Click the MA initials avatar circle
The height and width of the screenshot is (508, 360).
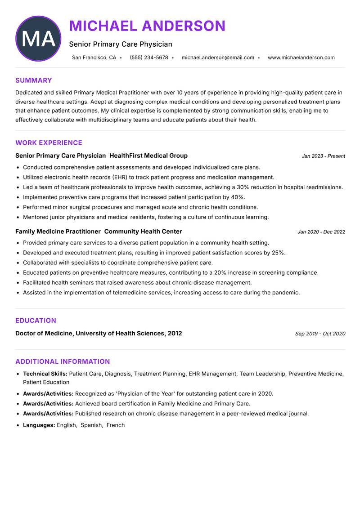coord(38,39)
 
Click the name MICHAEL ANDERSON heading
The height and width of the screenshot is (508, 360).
coord(147,26)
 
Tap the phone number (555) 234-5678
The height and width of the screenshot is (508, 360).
coord(149,58)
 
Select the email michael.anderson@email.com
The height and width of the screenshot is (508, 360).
coord(218,58)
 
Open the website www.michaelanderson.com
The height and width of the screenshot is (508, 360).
coord(301,58)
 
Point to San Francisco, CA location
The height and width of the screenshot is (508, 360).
coord(94,58)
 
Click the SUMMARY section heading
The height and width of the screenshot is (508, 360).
coord(34,80)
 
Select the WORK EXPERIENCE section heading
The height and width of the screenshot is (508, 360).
coord(49,143)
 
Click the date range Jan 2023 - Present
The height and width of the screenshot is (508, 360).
coord(323,156)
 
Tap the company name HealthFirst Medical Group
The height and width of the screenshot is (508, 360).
coord(148,156)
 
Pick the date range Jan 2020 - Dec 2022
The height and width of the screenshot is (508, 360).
coord(321,232)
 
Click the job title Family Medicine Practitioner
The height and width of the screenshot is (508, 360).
coord(58,232)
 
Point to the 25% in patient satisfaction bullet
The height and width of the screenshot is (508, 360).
coord(278,253)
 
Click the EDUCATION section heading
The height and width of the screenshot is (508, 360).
coord(36,321)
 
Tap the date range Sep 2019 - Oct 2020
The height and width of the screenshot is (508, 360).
coord(320,334)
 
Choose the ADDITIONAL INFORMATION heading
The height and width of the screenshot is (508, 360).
coord(63,361)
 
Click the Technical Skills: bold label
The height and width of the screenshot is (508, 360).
coord(45,374)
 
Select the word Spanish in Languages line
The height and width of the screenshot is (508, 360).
coord(91,425)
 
